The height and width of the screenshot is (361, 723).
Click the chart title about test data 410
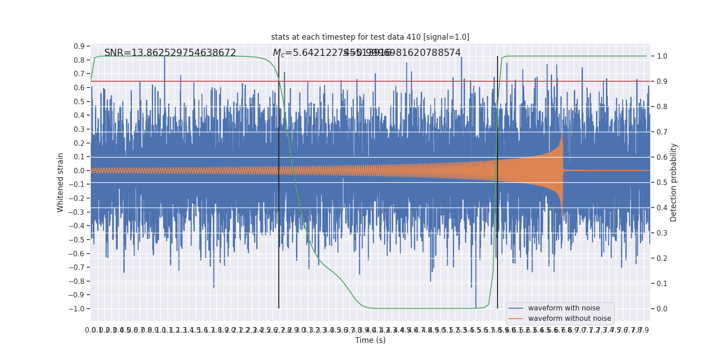[370, 37]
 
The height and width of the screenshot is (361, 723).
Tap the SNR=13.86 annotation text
[170, 53]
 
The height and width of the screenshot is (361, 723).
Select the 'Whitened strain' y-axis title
[61, 182]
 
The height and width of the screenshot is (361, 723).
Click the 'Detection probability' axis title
[674, 182]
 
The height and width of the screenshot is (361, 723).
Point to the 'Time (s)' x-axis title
[370, 340]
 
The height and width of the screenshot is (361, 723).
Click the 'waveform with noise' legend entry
[563, 308]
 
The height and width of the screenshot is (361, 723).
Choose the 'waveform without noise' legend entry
[569, 319]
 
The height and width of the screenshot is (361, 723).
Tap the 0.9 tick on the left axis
[79, 46]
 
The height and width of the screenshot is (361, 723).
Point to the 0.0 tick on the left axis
[79, 171]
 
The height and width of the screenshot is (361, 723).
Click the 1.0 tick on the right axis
[662, 56]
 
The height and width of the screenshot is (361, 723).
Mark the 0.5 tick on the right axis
[662, 183]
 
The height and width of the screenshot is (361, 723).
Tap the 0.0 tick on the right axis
[662, 309]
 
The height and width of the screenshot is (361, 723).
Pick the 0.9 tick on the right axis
[662, 82]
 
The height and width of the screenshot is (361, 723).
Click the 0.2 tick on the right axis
[662, 259]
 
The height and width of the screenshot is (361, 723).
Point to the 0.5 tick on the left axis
[79, 102]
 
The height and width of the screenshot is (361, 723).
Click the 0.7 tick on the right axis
[662, 132]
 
